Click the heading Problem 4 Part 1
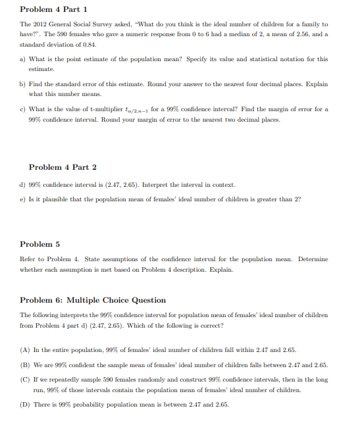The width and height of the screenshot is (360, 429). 54,9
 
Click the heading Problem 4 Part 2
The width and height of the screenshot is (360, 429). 63,167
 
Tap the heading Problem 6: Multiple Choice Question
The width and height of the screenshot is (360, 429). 93,300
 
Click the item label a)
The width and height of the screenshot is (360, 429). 23,59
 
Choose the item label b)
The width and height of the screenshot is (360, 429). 23,84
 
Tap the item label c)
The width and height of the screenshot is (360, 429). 23,109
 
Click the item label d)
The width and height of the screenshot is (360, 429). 23,185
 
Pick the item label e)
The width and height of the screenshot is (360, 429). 23,199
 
